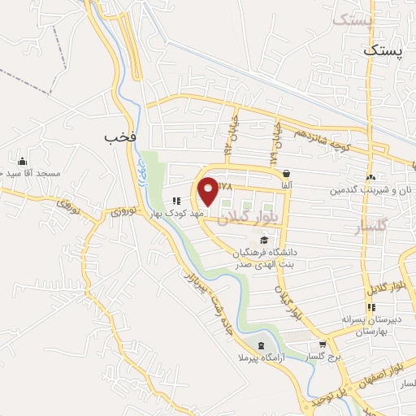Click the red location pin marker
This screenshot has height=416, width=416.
[x=209, y=192]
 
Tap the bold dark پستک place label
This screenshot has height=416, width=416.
[x=383, y=51]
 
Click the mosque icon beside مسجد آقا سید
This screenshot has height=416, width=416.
[x=22, y=160]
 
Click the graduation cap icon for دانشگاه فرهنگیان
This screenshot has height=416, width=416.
[x=264, y=239]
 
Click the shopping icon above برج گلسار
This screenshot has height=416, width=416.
[x=323, y=344]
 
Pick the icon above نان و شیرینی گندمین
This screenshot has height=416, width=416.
[x=370, y=177]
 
